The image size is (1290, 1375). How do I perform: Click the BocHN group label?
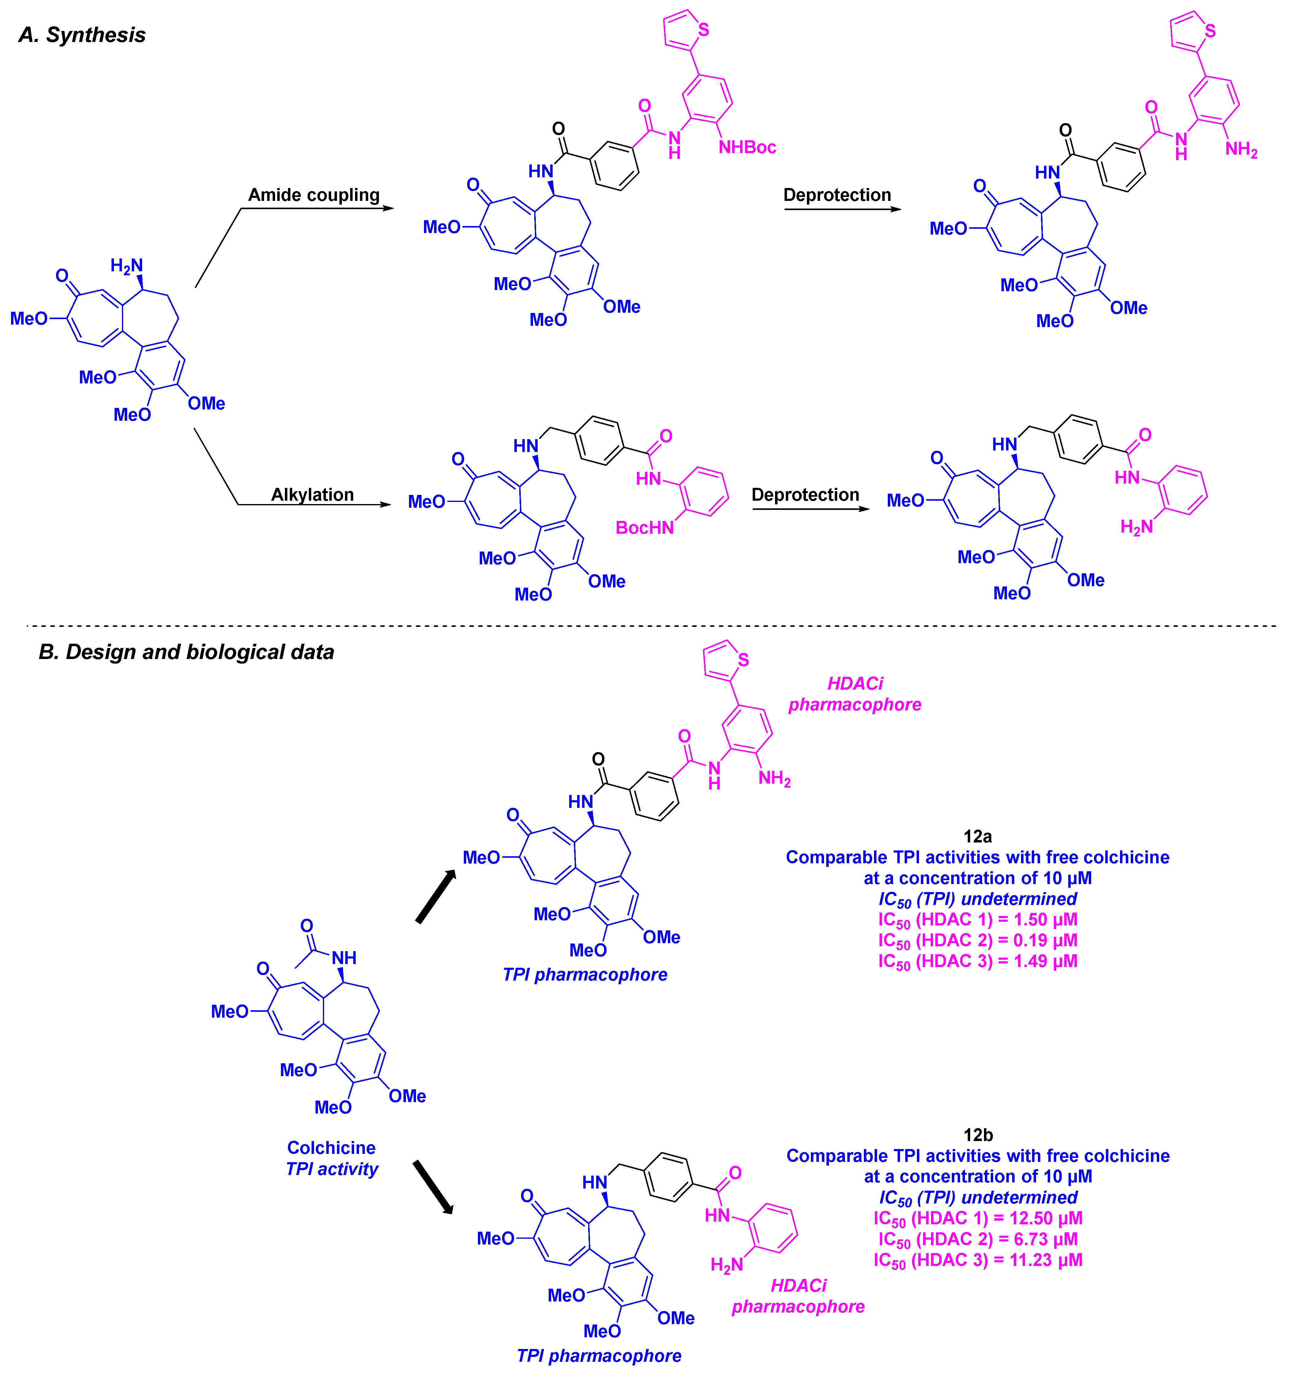[x=644, y=528]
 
